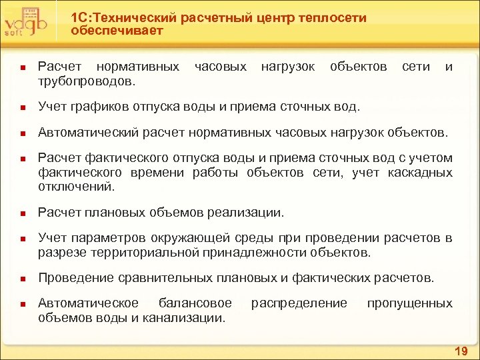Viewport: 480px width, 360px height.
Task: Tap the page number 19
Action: pos(461,351)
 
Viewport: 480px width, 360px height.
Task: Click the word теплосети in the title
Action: pos(330,18)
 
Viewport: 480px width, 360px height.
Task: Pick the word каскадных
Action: pos(421,173)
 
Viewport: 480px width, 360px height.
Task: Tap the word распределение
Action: pos(299,303)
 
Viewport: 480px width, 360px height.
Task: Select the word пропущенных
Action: pos(409,303)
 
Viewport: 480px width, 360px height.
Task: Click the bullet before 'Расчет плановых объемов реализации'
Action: pos(22,213)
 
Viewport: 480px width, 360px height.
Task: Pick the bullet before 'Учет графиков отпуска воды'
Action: pos(22,107)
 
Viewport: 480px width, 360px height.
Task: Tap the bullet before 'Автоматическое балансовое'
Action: pos(22,304)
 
